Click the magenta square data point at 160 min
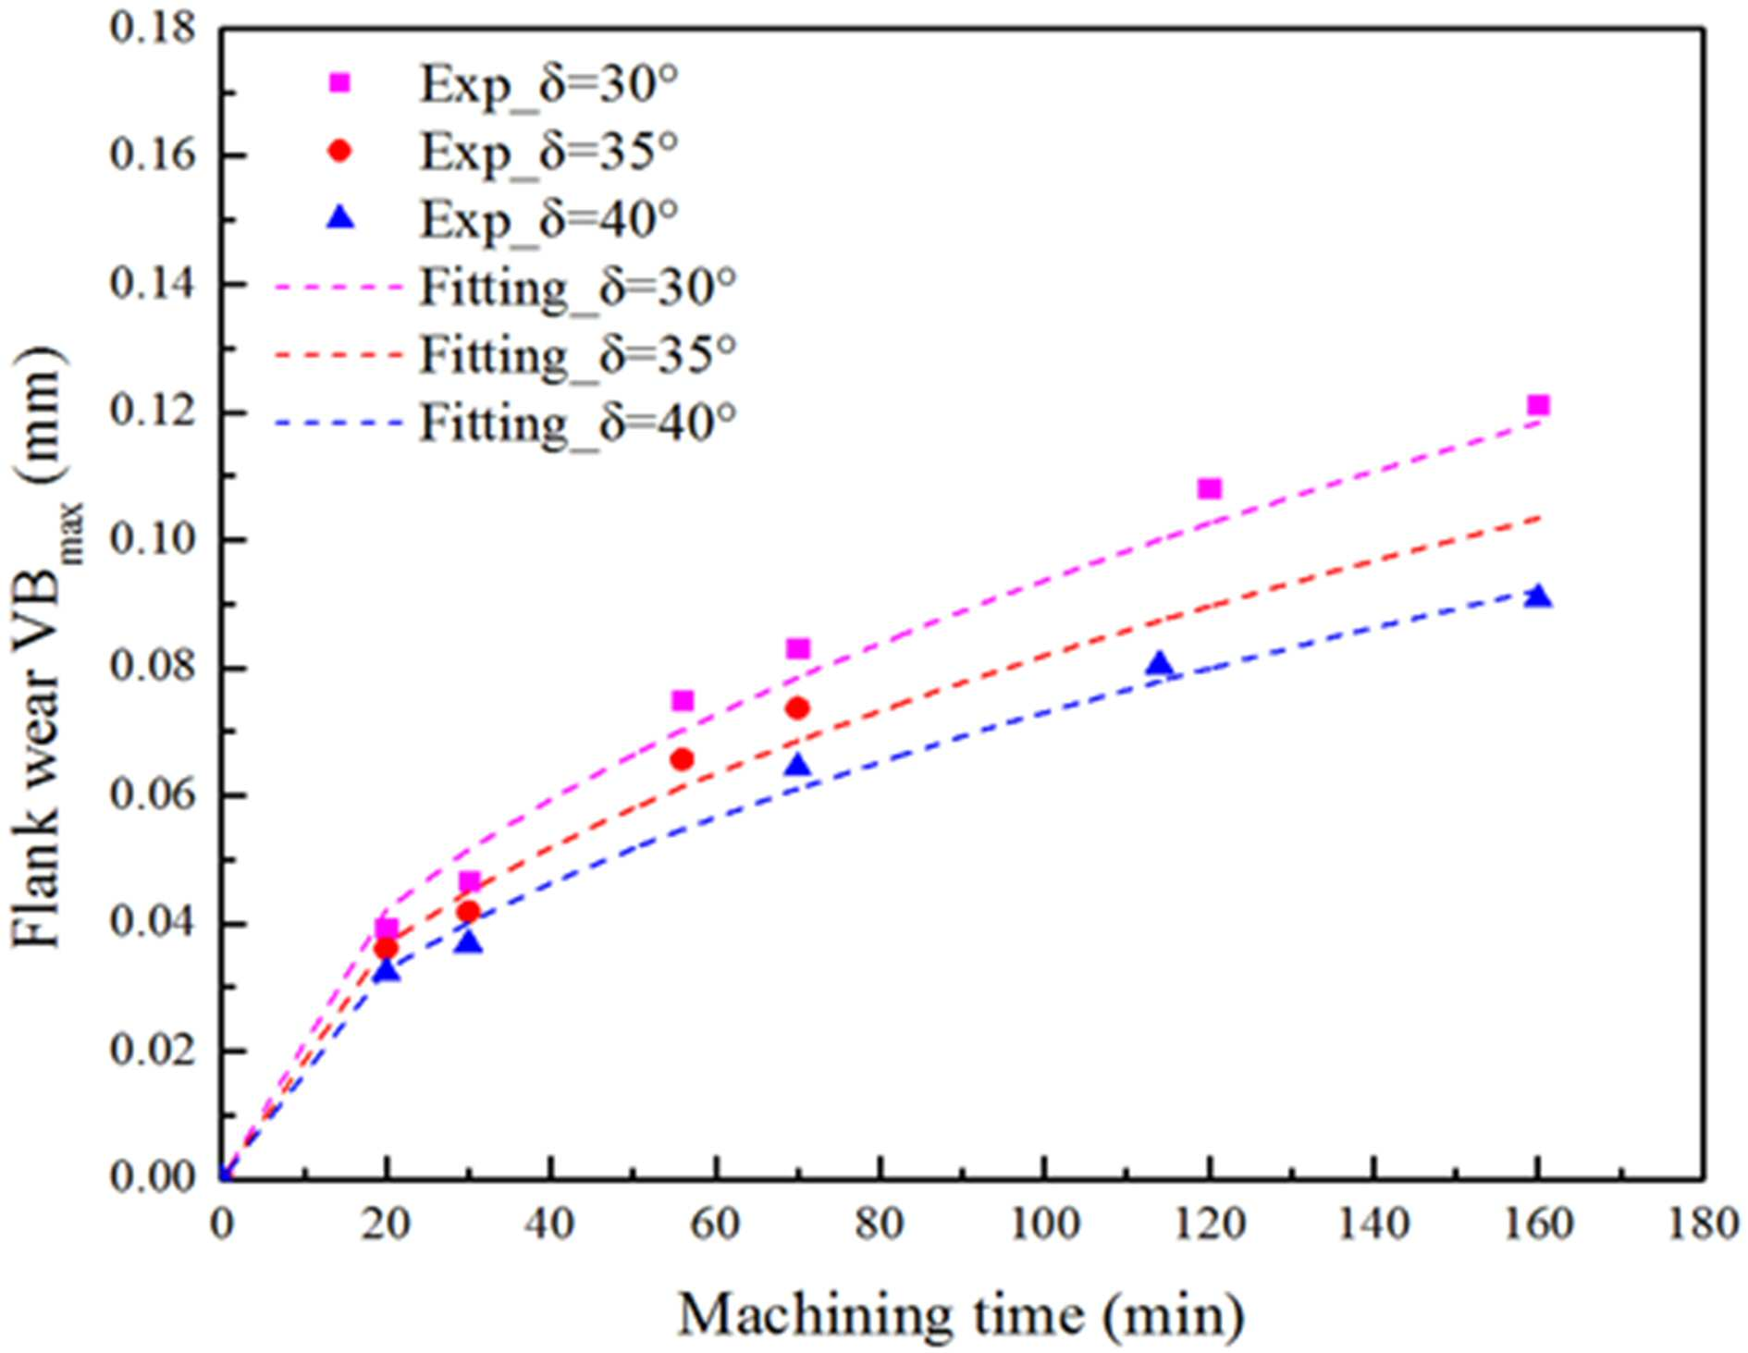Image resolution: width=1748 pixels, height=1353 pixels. [1538, 405]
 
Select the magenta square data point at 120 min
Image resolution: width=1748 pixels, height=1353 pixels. [1210, 488]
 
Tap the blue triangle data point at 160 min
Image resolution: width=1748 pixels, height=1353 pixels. [1538, 596]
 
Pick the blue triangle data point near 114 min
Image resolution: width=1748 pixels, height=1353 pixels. [1160, 663]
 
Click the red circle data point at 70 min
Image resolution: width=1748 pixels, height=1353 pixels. [797, 708]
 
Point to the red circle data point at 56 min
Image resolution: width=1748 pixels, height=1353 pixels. [683, 759]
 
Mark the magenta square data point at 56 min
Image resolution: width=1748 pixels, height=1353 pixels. [683, 701]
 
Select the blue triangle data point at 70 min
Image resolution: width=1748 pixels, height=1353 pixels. [797, 765]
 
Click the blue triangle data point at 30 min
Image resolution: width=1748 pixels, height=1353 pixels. [469, 941]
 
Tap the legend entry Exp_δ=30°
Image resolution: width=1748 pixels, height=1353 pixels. [504, 84]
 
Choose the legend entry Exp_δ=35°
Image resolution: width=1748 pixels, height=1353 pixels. [504, 151]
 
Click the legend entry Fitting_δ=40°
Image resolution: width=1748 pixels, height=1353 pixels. [505, 424]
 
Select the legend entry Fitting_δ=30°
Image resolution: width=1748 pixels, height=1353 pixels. [505, 287]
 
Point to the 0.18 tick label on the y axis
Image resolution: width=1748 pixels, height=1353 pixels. [154, 28]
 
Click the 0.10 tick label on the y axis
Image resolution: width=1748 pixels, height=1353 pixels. [154, 539]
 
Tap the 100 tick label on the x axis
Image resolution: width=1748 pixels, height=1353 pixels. [1044, 1224]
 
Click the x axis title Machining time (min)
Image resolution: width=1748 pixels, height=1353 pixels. [962, 1313]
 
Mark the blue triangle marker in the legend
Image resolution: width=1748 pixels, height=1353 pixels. [340, 217]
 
